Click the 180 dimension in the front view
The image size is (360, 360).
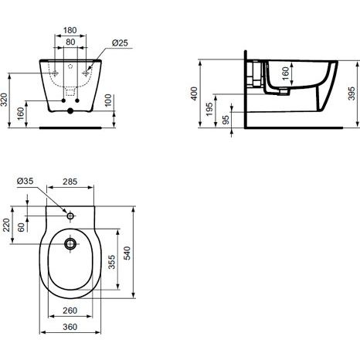(x=70, y=30)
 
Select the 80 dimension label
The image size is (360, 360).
(x=70, y=42)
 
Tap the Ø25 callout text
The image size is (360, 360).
(x=120, y=42)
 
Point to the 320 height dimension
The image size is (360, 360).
(x=5, y=100)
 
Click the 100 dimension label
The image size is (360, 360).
(x=108, y=100)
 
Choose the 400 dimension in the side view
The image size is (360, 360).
(x=194, y=93)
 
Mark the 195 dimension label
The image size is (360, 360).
(x=210, y=109)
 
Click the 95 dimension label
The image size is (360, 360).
(x=226, y=120)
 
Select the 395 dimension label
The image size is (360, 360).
(x=352, y=93)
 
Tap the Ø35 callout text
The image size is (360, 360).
(x=25, y=181)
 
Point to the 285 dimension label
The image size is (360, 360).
(x=70, y=182)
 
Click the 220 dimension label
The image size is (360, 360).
(x=6, y=225)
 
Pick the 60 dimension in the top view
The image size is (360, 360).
(x=22, y=227)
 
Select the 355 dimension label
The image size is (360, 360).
(x=112, y=262)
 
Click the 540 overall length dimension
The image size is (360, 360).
(x=127, y=253)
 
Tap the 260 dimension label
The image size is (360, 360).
(x=70, y=311)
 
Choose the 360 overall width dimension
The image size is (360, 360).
(x=70, y=327)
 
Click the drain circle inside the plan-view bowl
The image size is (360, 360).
(x=70, y=243)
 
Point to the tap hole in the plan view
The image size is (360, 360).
(x=70, y=216)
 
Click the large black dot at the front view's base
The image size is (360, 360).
(x=70, y=111)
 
